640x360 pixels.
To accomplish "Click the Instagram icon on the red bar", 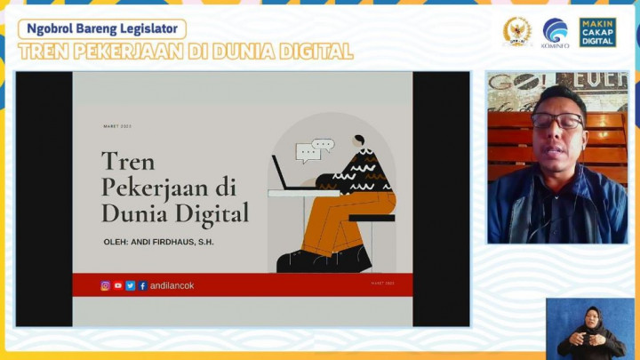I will [105, 285].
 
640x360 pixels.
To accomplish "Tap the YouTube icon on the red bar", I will [117, 285].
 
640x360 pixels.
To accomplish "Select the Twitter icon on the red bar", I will [130, 285].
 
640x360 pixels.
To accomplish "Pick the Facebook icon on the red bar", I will [142, 285].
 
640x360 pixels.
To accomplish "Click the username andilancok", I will [172, 285].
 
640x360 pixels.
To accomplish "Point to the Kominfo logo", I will [556, 32].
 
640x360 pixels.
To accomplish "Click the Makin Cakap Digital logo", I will [597, 32].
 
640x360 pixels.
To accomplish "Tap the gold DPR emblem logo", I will [516, 31].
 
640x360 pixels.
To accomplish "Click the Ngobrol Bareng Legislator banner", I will [102, 28].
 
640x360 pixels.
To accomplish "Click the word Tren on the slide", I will [128, 162].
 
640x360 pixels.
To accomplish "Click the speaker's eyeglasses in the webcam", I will [557, 120].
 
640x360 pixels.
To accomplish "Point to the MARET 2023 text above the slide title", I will [117, 126].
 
